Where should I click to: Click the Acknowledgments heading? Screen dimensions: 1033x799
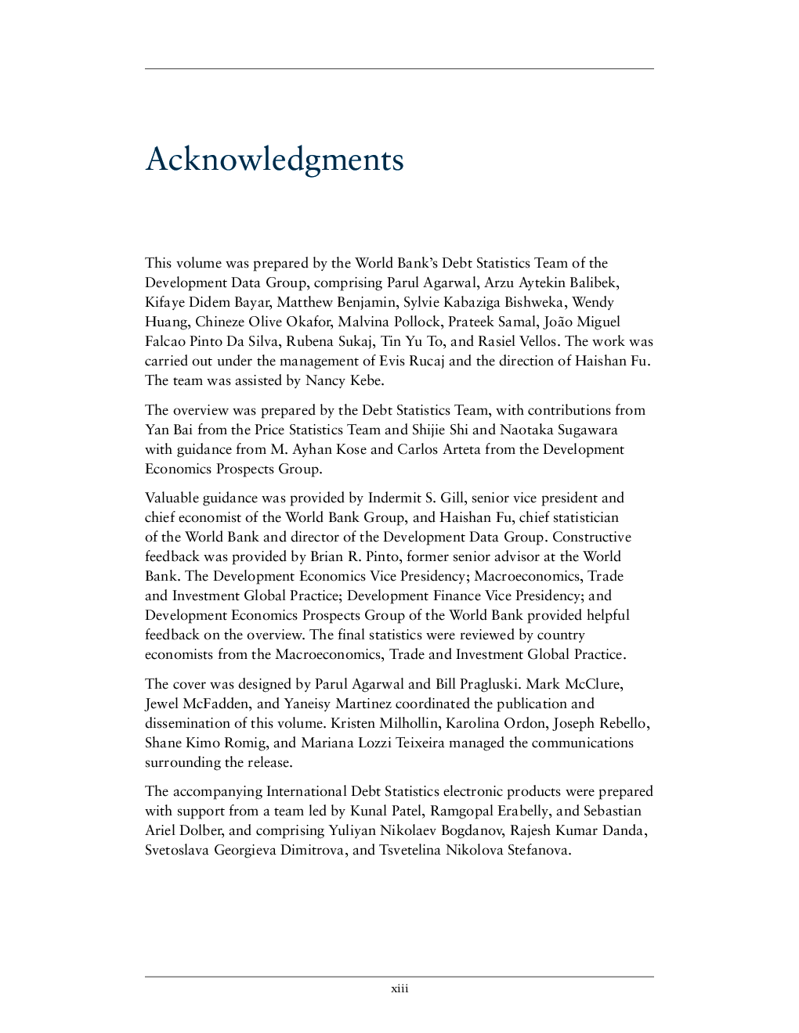[x=274, y=160]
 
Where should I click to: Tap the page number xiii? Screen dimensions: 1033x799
[x=399, y=988]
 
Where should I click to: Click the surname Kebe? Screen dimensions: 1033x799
[x=365, y=381]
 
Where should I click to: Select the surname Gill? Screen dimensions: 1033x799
[x=452, y=499]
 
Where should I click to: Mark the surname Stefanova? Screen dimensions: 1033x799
[x=539, y=851]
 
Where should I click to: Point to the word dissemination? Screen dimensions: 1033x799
[x=187, y=724]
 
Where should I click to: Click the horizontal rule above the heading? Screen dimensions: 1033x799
[x=399, y=69]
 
